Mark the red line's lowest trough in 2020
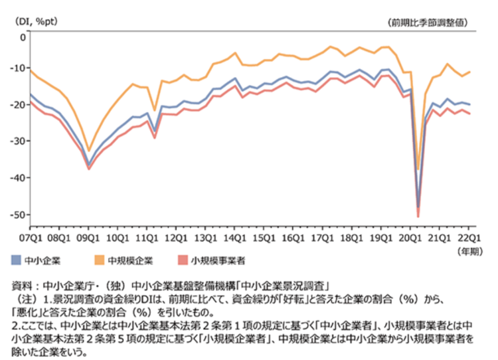pos(418,217)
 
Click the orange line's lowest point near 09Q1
pos(89,151)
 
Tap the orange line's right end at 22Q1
pos(469,72)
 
